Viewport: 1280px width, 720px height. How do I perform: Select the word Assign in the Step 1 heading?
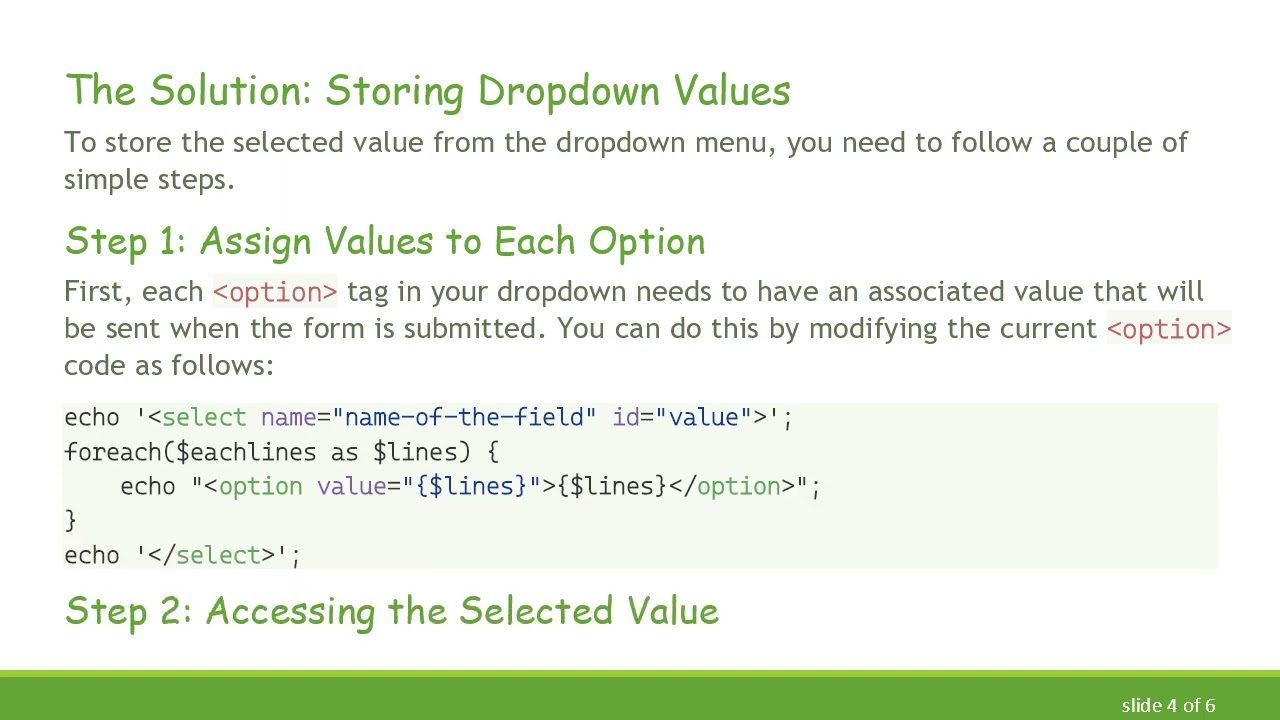[x=255, y=241]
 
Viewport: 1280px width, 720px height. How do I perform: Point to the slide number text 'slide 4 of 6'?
[x=1168, y=705]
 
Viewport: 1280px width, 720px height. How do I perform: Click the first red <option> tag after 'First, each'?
[x=275, y=292]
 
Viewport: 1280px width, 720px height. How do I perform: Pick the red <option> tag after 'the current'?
[x=1168, y=329]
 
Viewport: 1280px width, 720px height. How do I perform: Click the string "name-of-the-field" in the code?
[x=465, y=417]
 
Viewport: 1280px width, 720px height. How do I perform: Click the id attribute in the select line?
[x=625, y=417]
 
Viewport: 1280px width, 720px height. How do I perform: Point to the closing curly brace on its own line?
[x=70, y=520]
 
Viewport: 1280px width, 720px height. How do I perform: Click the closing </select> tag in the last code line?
[x=211, y=555]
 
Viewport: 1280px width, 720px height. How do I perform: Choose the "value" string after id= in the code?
[x=703, y=417]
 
